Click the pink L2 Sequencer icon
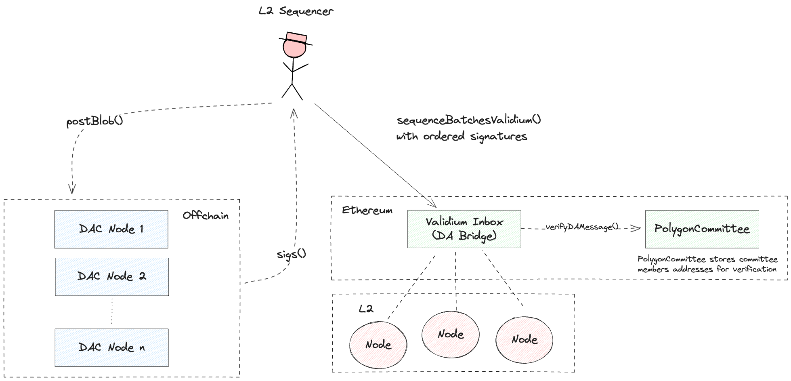pos(295,46)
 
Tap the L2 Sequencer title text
pos(296,11)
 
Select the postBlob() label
pos(94,121)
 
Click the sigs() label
pos(292,255)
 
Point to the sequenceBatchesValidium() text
pos(468,120)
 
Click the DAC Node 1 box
pos(111,229)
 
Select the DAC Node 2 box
pos(112,277)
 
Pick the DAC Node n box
pos(112,347)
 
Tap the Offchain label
pos(206,216)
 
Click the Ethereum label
pos(367,210)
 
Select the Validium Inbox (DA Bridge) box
pos(464,229)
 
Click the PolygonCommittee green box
pos(702,229)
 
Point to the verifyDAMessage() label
pos(583,227)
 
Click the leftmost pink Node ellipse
pos(378,345)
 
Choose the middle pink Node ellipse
pos(451,334)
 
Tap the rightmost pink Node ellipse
pos(524,339)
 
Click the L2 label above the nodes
pos(366,309)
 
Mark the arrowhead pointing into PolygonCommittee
pos(638,229)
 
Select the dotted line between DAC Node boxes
pos(112,312)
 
